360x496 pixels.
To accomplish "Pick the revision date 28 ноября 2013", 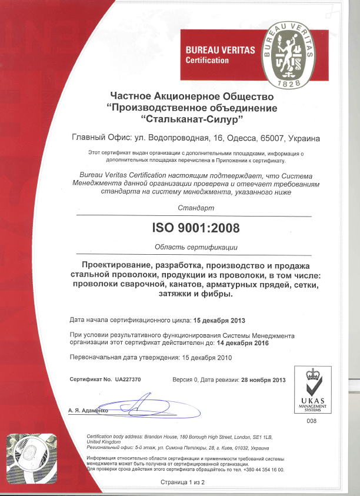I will (264, 380).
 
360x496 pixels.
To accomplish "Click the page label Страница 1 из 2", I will (182, 482).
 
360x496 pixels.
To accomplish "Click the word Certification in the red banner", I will (208, 60).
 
